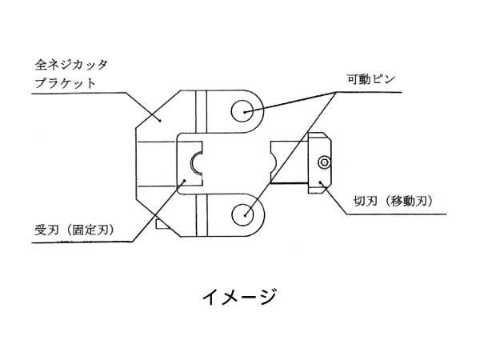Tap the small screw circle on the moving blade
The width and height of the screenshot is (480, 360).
[323, 162]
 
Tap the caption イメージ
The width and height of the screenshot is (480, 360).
[239, 297]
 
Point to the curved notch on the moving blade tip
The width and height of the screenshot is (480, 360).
[274, 164]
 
